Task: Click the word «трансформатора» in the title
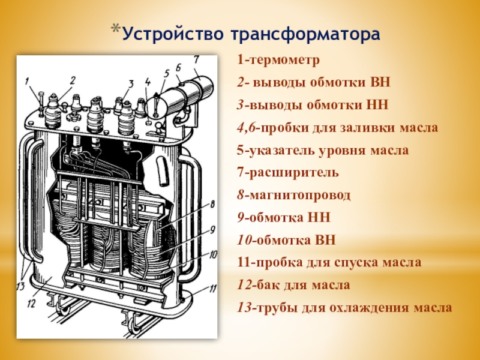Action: tap(305, 34)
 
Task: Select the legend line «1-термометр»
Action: tap(278, 61)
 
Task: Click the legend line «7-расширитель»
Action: tap(287, 173)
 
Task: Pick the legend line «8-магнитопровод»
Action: tap(294, 195)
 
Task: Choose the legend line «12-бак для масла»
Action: tap(293, 285)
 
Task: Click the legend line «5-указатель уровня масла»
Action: tap(323, 151)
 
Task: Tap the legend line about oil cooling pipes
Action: tap(344, 308)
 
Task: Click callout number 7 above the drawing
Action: tap(196, 59)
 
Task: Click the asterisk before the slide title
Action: tap(115, 30)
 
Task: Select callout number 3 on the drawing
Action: tap(130, 82)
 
